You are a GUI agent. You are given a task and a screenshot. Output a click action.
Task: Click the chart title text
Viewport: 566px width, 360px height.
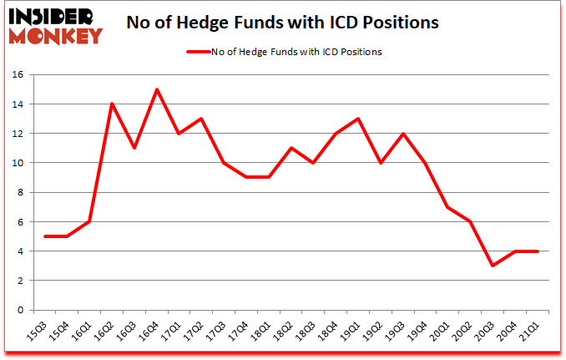[282, 23]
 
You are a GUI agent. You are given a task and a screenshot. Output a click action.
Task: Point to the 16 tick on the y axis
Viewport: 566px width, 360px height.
[18, 74]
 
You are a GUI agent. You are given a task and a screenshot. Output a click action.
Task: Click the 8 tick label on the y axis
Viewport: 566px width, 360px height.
[20, 192]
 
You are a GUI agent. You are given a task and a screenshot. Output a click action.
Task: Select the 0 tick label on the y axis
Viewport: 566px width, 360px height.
[20, 310]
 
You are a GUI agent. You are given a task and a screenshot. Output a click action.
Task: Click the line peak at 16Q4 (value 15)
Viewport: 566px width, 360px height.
[156, 89]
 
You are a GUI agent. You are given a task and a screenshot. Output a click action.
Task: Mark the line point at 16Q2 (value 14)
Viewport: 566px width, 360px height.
[112, 104]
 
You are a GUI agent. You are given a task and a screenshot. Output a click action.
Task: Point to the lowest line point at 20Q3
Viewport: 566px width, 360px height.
[493, 266]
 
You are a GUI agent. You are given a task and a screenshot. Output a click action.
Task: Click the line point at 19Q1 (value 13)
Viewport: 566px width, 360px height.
[358, 119]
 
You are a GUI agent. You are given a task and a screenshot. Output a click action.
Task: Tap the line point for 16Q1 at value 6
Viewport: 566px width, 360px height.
[89, 221]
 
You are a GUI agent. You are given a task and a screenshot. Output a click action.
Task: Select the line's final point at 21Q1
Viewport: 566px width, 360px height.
[537, 251]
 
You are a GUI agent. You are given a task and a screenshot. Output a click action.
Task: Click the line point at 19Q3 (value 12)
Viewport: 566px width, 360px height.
[402, 134]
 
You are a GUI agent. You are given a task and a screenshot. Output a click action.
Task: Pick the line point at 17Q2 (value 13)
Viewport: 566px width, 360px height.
[201, 119]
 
